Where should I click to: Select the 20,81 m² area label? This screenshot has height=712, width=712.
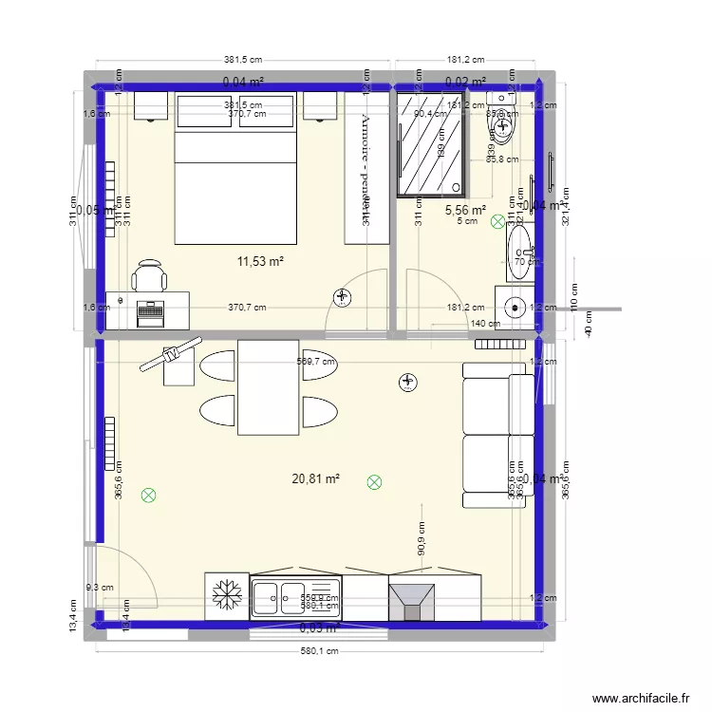pyautogui.click(x=316, y=479)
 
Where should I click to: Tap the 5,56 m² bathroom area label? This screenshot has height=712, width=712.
pyautogui.click(x=465, y=210)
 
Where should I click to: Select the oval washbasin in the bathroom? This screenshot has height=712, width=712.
pyautogui.click(x=520, y=253)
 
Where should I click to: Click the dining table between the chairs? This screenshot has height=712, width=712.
pyautogui.click(x=269, y=387)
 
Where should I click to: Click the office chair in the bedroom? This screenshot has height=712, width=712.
pyautogui.click(x=149, y=276)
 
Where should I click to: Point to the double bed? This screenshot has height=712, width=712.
pyautogui.click(x=235, y=168)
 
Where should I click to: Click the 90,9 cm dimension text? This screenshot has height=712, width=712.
pyautogui.click(x=421, y=538)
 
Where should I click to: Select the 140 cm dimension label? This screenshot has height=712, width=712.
pyautogui.click(x=486, y=324)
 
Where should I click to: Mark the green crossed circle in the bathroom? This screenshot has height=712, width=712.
pyautogui.click(x=498, y=222)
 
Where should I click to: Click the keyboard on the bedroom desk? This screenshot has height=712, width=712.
pyautogui.click(x=150, y=309)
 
